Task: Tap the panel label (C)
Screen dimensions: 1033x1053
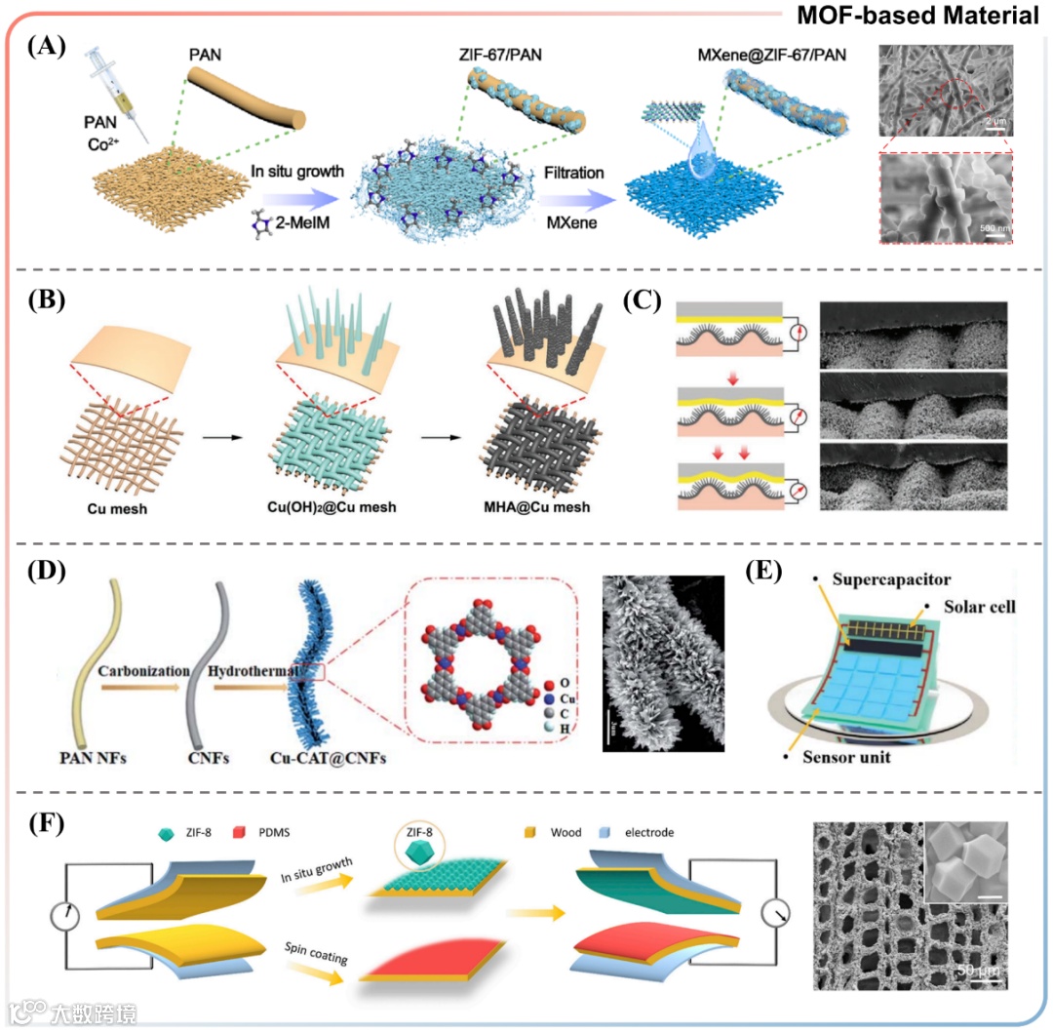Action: [x=643, y=300]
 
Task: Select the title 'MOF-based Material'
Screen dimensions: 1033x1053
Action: [x=916, y=16]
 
